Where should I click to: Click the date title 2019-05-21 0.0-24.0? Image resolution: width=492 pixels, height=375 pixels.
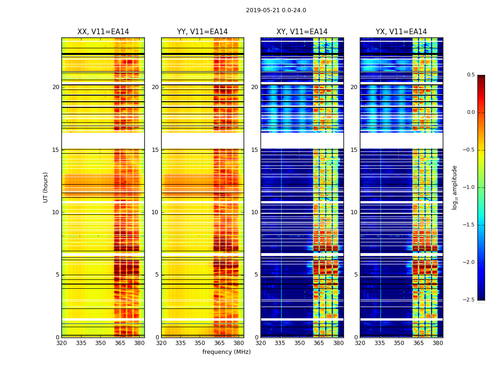coord(276,10)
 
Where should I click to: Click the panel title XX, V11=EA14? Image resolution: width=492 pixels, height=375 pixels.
coord(103,32)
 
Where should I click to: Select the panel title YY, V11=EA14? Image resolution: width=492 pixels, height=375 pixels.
coord(202,32)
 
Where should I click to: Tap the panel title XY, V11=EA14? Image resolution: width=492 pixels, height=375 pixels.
coord(302,32)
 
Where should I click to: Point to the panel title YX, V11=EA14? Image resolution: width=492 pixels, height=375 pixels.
coord(401,32)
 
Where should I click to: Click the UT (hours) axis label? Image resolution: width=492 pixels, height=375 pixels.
coord(45,187)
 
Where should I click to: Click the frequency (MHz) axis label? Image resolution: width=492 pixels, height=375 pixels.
coord(226,352)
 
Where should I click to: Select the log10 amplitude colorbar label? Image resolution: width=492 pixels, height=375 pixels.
coord(455,187)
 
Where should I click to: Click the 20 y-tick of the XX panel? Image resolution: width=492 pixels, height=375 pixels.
coord(56,87)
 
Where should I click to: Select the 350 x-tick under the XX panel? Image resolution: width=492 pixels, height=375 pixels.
coord(100,343)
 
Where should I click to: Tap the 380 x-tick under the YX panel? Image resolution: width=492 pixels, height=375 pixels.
coord(438,343)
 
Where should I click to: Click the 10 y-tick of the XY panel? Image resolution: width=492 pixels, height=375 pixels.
coord(255,212)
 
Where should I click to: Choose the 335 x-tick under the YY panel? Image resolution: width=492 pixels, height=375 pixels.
coord(180,343)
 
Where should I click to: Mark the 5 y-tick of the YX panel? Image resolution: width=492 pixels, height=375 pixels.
coord(356,275)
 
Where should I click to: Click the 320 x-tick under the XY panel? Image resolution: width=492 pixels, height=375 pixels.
coord(261,343)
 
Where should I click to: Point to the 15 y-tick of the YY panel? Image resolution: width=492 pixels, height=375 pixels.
coord(156,150)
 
